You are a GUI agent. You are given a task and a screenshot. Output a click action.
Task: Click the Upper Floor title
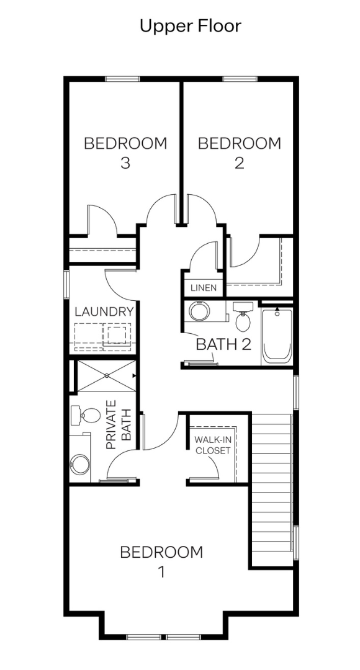191,27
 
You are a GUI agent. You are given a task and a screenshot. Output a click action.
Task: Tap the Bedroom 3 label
125,153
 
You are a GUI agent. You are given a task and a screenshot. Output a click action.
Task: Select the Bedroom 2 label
240,153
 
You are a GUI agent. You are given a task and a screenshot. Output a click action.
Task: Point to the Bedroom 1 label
161,561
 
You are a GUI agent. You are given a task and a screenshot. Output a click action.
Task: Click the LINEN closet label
204,288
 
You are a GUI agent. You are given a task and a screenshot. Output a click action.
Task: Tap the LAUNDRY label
104,311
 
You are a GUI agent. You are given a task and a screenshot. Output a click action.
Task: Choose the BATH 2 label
223,344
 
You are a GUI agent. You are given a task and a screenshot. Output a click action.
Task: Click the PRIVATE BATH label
119,424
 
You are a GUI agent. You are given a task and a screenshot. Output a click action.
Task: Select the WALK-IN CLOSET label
212,445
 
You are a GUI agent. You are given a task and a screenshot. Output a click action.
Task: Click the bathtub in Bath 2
277,336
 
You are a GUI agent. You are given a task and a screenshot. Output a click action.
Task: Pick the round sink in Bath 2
199,311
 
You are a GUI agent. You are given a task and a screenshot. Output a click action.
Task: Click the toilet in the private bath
86,415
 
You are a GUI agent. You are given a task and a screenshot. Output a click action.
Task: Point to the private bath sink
80,465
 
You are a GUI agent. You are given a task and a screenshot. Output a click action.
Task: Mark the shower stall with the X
106,375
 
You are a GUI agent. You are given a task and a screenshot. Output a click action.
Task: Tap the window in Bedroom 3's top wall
123,79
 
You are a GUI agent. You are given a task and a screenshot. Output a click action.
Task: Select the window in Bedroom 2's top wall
240,79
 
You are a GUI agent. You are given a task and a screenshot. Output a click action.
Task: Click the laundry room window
66,284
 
